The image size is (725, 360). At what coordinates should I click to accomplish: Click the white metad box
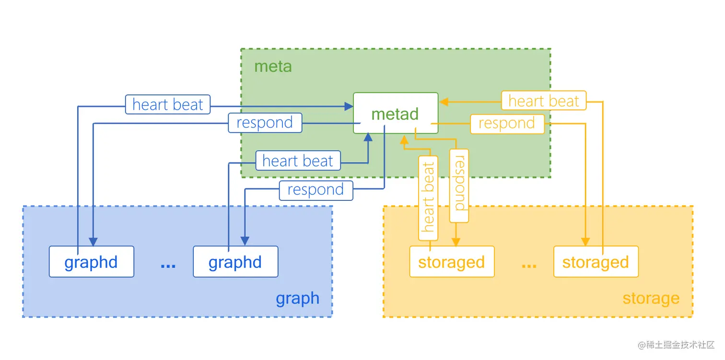(x=396, y=113)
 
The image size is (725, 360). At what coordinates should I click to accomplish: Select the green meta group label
(x=273, y=66)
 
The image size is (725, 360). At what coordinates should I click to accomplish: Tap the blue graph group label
(x=297, y=299)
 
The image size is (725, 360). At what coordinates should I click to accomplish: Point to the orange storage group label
(x=651, y=299)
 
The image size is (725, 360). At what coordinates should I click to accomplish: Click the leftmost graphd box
(x=91, y=262)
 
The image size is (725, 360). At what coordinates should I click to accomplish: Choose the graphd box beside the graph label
(x=235, y=262)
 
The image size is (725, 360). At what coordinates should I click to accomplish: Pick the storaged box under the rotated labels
(x=451, y=262)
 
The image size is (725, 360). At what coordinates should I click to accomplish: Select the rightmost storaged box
(x=596, y=262)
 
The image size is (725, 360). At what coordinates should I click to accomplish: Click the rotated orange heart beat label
(x=428, y=198)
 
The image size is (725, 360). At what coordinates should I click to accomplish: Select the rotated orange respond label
(x=459, y=186)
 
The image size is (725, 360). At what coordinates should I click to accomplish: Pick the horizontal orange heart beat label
(x=544, y=101)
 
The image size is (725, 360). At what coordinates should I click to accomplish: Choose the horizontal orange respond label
(x=507, y=124)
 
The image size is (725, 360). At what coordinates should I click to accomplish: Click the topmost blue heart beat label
(x=168, y=105)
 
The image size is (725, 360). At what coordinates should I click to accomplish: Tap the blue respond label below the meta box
(x=316, y=190)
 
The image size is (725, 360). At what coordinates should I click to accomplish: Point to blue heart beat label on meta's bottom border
(x=297, y=161)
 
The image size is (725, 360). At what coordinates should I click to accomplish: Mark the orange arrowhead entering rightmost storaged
(x=585, y=241)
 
